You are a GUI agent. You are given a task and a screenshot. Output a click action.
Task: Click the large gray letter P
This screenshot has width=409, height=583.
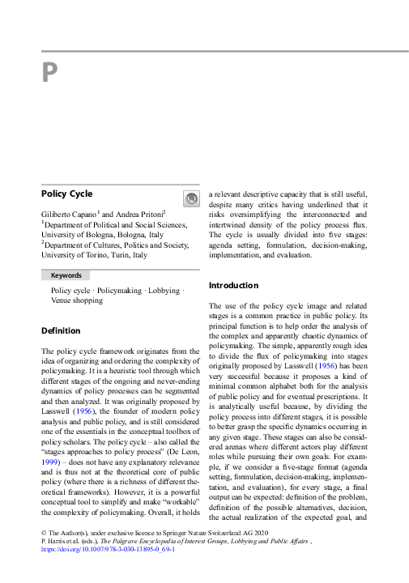point(49,74)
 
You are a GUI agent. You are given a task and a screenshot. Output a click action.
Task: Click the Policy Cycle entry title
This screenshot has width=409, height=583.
point(66,194)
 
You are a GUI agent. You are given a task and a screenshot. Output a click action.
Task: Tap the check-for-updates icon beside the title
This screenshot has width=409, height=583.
point(190,198)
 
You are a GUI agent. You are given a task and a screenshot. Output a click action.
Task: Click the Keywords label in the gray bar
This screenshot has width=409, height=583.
point(67,275)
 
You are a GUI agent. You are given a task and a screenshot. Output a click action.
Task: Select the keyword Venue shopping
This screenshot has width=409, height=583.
point(77,300)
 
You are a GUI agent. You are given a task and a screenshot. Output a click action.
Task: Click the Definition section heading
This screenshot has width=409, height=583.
point(61,330)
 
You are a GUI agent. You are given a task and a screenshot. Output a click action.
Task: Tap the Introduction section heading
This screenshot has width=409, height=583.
point(233,286)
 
